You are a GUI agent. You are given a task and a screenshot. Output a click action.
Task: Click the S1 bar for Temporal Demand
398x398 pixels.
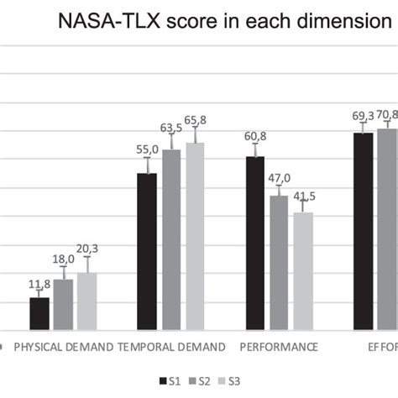147,251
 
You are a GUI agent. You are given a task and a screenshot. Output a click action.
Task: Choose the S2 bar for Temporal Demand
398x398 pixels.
171,239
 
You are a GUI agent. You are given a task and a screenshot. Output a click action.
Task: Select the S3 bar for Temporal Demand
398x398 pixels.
195,236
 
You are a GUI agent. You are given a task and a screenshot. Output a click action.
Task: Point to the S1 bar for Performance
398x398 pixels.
255,243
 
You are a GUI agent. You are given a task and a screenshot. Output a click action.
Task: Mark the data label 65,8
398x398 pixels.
195,120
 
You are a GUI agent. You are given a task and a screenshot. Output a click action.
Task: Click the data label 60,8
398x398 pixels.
255,134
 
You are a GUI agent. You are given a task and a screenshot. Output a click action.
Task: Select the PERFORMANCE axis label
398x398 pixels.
279,346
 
